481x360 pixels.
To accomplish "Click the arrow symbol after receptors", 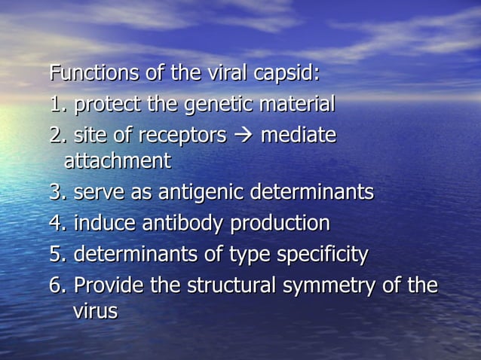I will [244, 136].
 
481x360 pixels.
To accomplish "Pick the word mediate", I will [298, 136].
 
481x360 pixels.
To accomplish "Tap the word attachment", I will [117, 161].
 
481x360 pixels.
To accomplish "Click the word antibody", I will [189, 224].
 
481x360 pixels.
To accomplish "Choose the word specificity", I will [322, 255].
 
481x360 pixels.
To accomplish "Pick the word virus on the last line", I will [95, 311].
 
